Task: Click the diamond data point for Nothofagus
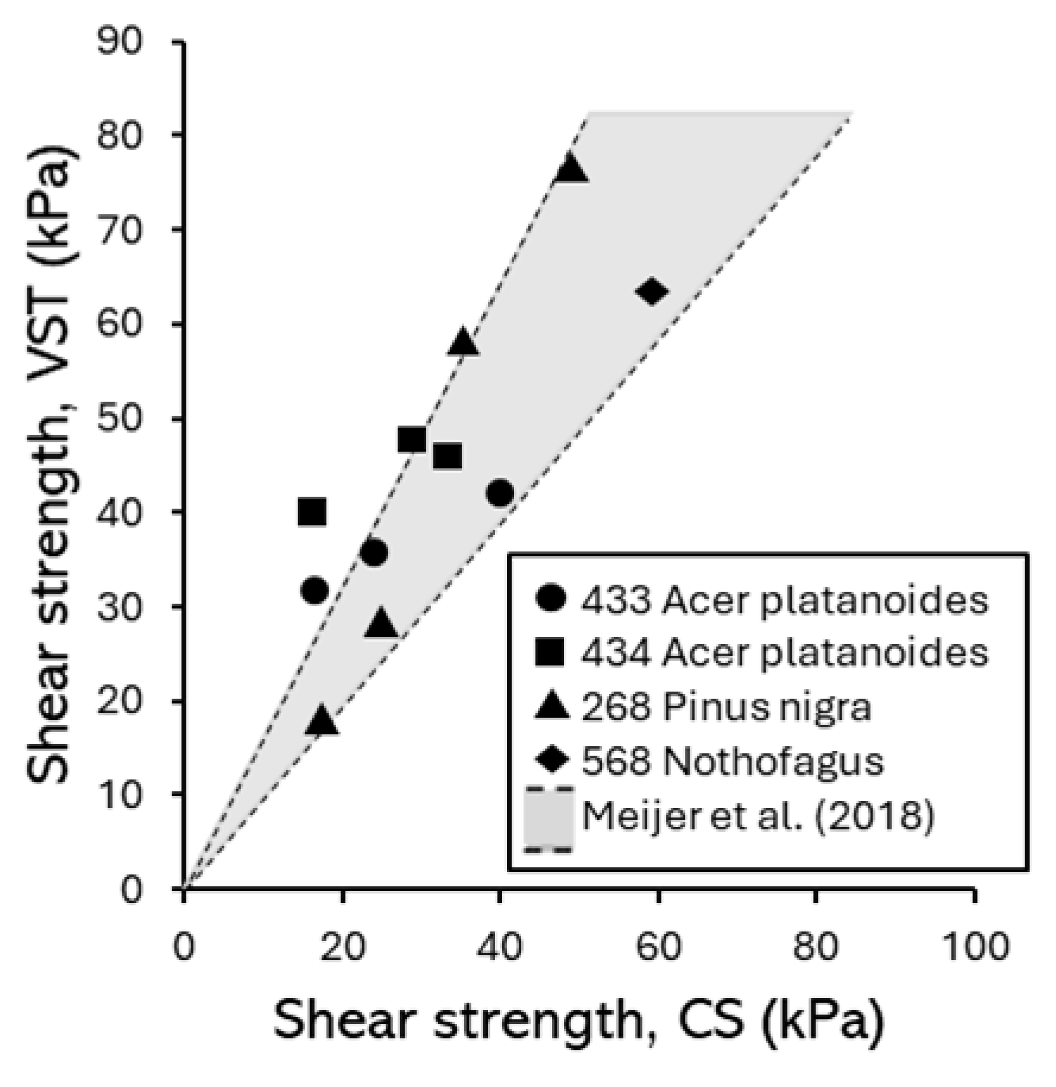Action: pyautogui.click(x=652, y=291)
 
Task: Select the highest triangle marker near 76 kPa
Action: pyautogui.click(x=570, y=169)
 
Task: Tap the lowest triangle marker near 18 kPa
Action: pyautogui.click(x=322, y=721)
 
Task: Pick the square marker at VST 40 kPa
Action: pyautogui.click(x=312, y=512)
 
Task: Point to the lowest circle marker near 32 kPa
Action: pyautogui.click(x=315, y=590)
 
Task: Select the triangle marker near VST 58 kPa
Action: pyautogui.click(x=463, y=343)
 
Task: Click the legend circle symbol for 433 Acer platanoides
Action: pyautogui.click(x=551, y=600)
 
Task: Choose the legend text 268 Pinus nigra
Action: pyautogui.click(x=725, y=707)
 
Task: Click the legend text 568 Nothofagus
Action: pyautogui.click(x=732, y=760)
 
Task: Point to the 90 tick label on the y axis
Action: pyautogui.click(x=120, y=43)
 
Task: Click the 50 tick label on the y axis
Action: pyautogui.click(x=120, y=419)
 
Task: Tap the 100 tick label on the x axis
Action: pyautogui.click(x=975, y=946)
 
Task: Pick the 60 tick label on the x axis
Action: pyautogui.click(x=658, y=946)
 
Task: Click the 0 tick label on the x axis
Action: pyautogui.click(x=184, y=946)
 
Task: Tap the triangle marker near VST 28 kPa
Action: pyautogui.click(x=381, y=625)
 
